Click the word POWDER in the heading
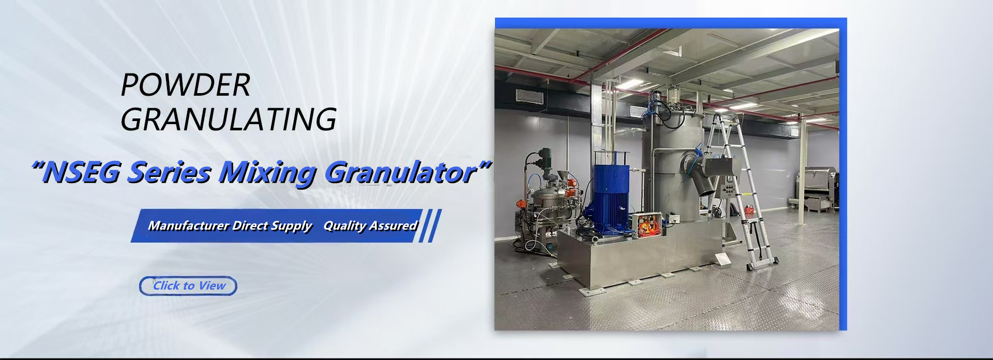click(185, 85)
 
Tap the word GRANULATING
click(229, 119)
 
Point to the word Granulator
click(400, 172)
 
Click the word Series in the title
click(170, 172)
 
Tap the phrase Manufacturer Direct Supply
click(230, 226)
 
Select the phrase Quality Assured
click(370, 226)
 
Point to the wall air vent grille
click(529, 96)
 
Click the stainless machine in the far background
click(816, 189)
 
